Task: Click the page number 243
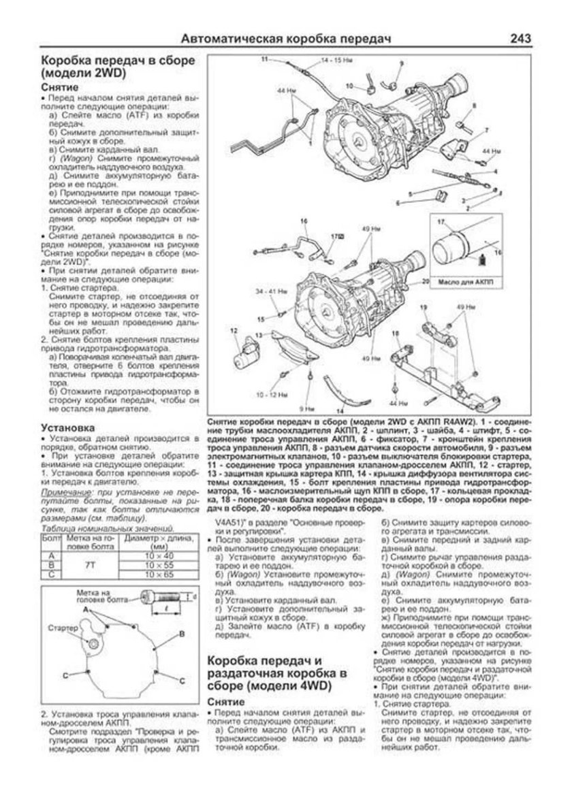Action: coord(537,39)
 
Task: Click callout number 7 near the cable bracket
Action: coord(486,129)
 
